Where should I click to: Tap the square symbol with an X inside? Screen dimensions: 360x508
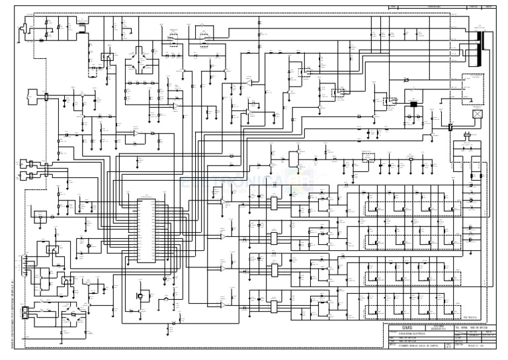(x=476, y=113)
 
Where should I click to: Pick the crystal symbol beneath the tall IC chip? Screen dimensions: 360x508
(x=140, y=294)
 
